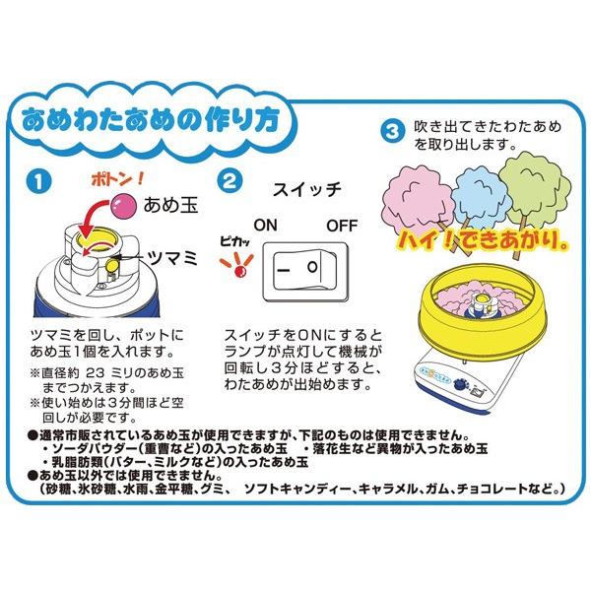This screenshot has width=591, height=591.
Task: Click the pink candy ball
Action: point(123,206)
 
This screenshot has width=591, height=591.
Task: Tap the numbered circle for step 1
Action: point(39,181)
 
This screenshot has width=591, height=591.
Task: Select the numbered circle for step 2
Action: point(230,181)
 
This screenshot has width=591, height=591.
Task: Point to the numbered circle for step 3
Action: point(392,132)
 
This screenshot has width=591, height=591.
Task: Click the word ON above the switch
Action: point(265,225)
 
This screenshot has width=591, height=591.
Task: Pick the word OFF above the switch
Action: point(342,226)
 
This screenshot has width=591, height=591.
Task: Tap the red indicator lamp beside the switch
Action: point(239,271)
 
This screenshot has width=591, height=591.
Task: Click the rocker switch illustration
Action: point(305,272)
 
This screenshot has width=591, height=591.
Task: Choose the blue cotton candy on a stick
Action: point(479,201)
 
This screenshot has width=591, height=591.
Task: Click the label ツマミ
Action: point(173,258)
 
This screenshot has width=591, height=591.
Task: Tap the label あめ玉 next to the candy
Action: point(170,206)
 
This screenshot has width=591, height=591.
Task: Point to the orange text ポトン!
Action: point(117,179)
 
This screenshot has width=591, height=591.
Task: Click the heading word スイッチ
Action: point(307,189)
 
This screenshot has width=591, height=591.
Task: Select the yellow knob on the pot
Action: point(111,265)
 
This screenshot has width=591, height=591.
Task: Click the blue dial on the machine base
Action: point(459,384)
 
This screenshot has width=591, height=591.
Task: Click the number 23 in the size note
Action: point(95,372)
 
